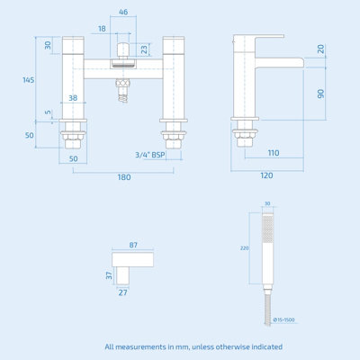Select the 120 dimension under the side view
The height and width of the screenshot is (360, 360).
pos(266,175)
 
